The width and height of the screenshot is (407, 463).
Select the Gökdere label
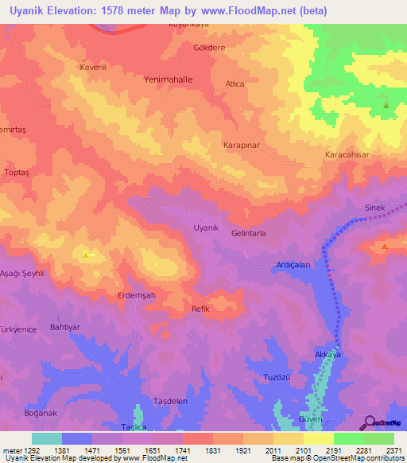(210, 47)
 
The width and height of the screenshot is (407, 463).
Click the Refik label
(200, 309)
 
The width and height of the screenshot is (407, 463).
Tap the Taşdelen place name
(170, 401)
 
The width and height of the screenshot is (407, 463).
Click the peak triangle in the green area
(386, 106)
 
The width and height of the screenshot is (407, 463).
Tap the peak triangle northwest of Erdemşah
(86, 255)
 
